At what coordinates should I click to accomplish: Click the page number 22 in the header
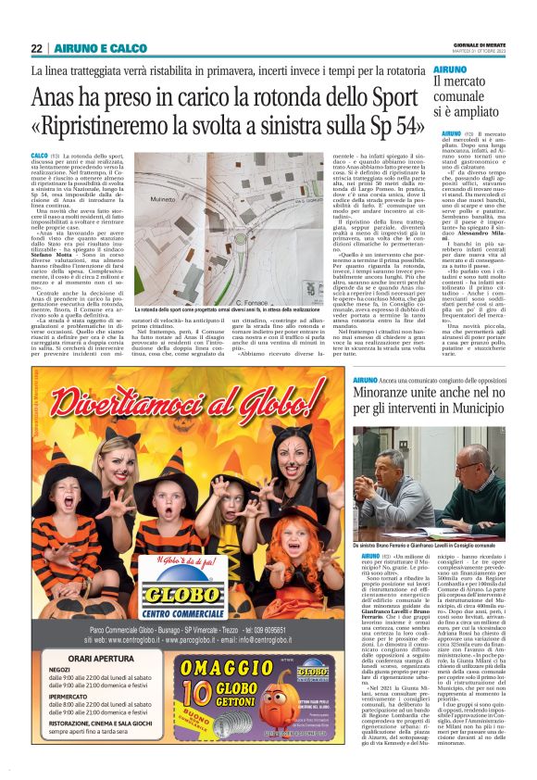point(38,48)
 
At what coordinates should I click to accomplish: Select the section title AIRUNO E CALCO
point(86,48)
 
